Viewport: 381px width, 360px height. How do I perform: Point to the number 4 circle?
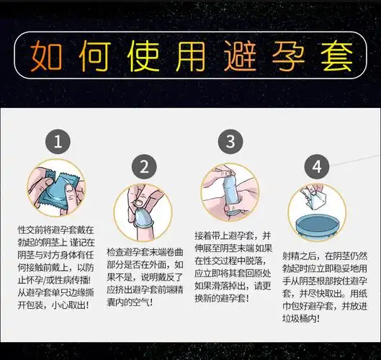[316, 166]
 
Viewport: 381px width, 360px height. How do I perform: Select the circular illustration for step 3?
[230, 192]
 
